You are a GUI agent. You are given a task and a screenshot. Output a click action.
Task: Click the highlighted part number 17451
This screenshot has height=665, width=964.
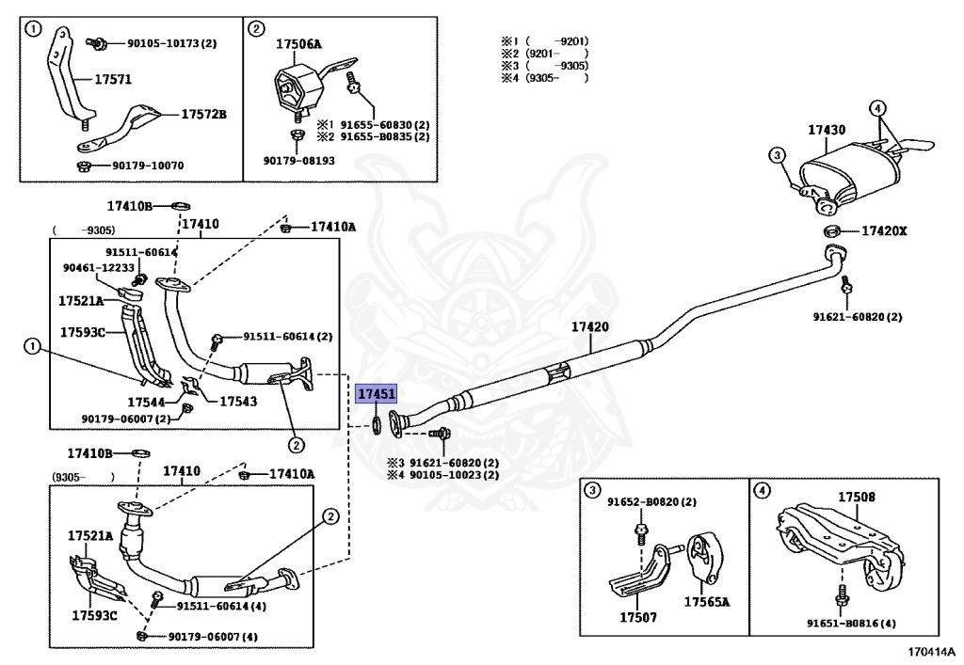(377, 393)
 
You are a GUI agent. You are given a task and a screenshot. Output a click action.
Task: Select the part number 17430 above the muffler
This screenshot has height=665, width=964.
(827, 130)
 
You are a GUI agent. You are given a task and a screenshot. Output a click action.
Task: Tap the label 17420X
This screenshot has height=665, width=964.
(884, 230)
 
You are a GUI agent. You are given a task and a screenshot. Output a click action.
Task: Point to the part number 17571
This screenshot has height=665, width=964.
(113, 79)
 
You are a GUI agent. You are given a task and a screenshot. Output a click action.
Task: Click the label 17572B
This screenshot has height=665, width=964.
(203, 114)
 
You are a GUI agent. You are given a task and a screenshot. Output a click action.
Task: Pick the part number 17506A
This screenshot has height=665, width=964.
(298, 43)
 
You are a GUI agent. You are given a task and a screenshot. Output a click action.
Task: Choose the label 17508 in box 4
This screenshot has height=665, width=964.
(857, 496)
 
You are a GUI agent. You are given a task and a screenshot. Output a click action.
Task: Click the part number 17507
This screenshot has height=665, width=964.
(638, 617)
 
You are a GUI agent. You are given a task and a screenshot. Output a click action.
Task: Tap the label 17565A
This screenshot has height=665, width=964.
(707, 602)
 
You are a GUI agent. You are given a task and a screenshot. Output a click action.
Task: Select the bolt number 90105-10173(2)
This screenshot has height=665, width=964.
(172, 43)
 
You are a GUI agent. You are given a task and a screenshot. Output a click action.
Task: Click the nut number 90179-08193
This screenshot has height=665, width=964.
(298, 160)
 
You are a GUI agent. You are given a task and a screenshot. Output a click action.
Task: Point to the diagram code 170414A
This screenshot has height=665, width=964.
(932, 652)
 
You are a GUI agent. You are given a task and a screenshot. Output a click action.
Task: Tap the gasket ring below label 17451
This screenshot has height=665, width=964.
(376, 423)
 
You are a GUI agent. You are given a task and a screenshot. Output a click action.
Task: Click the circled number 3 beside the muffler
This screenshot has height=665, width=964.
(777, 155)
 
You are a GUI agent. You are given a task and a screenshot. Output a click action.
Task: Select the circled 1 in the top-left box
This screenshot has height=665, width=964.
(33, 28)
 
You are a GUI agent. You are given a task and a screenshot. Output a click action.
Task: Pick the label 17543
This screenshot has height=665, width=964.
(238, 402)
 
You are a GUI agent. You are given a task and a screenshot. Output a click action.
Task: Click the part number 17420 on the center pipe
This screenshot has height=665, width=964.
(590, 326)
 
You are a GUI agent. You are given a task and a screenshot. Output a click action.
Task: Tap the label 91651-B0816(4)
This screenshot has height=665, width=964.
(851, 624)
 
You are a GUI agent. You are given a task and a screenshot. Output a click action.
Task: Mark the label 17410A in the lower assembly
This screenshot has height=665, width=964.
(292, 473)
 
